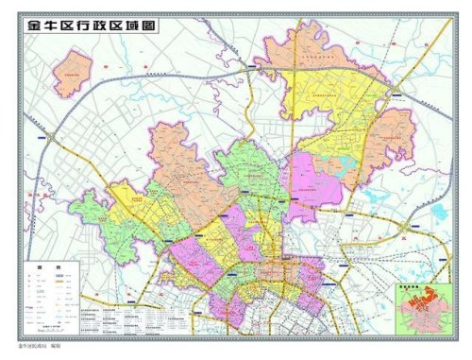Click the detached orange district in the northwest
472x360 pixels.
[72, 73]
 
